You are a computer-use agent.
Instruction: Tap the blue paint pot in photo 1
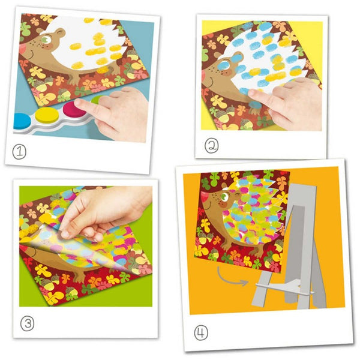click(22, 122)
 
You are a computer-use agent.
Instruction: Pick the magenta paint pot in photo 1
click(71, 109)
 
